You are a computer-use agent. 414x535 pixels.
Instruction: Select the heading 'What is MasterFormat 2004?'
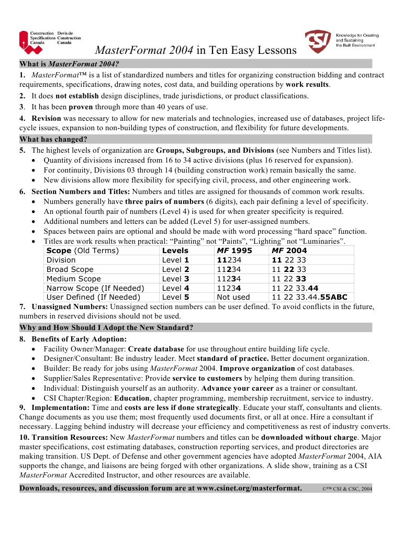(x=69, y=64)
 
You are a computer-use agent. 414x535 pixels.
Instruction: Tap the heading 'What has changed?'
(x=53, y=139)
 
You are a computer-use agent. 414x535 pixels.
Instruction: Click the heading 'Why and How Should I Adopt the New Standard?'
(x=106, y=328)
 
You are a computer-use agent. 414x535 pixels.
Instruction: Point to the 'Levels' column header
(x=175, y=251)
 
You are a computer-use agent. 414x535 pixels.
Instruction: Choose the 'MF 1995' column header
(x=234, y=251)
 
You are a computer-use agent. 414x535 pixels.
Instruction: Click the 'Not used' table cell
(x=233, y=298)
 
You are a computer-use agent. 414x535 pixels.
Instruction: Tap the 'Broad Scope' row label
(x=70, y=269)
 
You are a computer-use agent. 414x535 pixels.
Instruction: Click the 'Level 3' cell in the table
(x=175, y=279)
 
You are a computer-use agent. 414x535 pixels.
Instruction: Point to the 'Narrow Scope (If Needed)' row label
(x=95, y=288)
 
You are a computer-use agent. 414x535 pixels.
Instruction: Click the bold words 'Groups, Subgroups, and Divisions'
(x=215, y=151)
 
